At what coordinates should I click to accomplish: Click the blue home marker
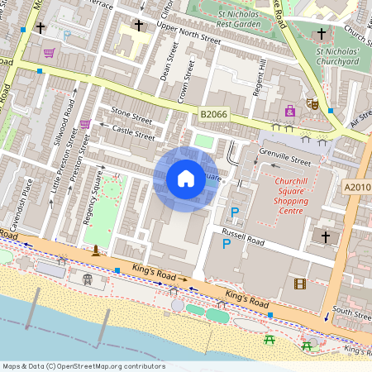pos(186,179)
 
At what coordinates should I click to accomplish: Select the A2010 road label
pos(357,188)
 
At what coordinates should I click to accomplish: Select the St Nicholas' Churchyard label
pos(337,55)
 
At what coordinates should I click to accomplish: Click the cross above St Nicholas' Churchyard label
pos(322,35)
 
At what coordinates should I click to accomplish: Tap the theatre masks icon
pos(312,103)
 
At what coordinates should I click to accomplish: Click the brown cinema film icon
pos(298,284)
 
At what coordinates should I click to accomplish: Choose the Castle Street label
pos(132,132)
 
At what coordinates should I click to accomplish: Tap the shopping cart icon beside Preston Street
pos(85,124)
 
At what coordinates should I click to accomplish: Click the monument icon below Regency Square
pos(96,250)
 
